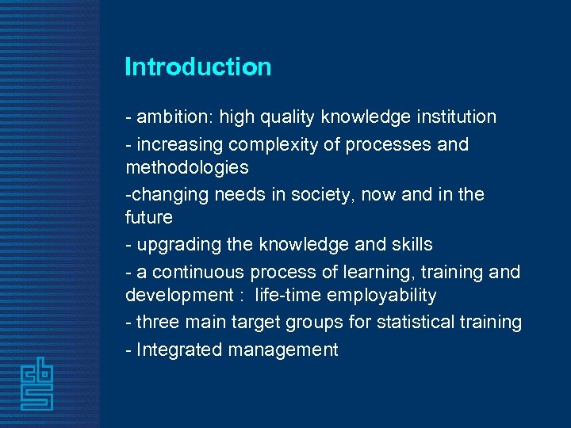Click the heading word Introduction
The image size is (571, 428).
(197, 67)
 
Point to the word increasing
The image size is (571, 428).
(180, 145)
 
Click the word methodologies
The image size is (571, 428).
(186, 167)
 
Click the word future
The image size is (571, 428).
(148, 217)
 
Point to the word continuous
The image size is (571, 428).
(198, 273)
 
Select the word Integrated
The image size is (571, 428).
(179, 350)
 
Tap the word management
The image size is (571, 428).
(284, 350)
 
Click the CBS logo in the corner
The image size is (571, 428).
(36, 383)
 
